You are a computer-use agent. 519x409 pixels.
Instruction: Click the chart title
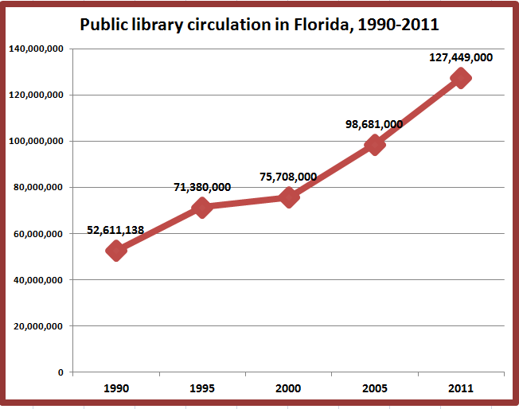click(259, 25)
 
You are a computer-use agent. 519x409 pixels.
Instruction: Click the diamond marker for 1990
click(116, 251)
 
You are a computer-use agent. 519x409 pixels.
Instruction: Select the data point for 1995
click(202, 208)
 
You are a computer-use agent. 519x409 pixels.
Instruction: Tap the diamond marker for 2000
click(289, 197)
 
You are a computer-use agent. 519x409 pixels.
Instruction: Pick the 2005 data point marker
click(375, 145)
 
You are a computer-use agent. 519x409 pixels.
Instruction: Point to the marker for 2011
click(461, 78)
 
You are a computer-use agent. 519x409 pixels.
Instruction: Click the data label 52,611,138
click(115, 230)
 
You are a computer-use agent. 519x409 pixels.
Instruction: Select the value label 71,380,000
click(202, 187)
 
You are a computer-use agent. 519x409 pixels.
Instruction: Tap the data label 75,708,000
click(288, 177)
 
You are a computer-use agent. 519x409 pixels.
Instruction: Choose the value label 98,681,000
click(374, 124)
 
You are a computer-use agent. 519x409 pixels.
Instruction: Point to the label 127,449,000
click(461, 57)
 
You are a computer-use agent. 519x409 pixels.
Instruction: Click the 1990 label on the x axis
click(116, 388)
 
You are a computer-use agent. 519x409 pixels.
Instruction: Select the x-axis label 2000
click(288, 388)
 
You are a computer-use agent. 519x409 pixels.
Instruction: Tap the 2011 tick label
click(461, 388)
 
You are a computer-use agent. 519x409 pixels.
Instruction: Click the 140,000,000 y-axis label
click(36, 49)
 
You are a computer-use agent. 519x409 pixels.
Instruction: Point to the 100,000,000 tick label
click(36, 142)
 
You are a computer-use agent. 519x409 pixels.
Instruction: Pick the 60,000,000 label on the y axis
click(38, 234)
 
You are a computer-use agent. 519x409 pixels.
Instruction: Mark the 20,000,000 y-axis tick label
click(38, 326)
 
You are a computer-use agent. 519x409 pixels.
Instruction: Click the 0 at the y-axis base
click(60, 372)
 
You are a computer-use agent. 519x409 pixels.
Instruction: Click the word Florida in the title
click(321, 25)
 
